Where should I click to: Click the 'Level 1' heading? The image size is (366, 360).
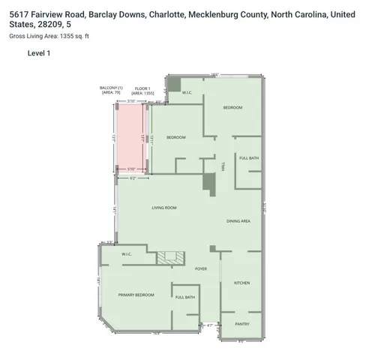38,53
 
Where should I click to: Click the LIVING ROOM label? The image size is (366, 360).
163,208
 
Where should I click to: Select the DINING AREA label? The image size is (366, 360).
238,221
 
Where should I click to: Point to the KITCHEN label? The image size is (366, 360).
241,283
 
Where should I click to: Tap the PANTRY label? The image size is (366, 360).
241,324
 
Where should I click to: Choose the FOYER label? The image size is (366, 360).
201,268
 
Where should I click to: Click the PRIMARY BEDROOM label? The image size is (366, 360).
136,295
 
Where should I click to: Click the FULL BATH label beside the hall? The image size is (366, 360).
249,158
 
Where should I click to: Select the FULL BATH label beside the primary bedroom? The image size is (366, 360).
185,298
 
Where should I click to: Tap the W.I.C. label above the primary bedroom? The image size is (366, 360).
127,254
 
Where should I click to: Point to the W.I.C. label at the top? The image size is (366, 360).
188,92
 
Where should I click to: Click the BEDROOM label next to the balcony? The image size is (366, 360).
175,137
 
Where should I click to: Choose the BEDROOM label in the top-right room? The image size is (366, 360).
232,108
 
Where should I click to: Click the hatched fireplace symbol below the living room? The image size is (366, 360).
166,258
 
